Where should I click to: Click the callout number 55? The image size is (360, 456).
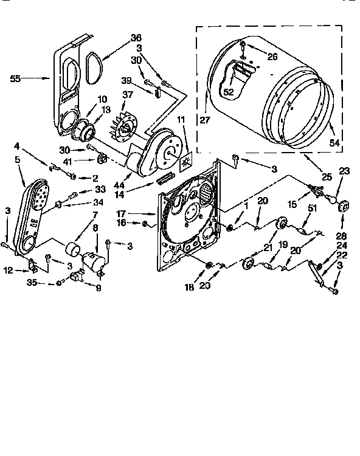click(16, 78)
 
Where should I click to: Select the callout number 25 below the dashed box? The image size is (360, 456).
click(327, 176)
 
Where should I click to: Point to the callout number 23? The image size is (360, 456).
click(345, 171)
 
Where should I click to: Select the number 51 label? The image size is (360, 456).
click(313, 208)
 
